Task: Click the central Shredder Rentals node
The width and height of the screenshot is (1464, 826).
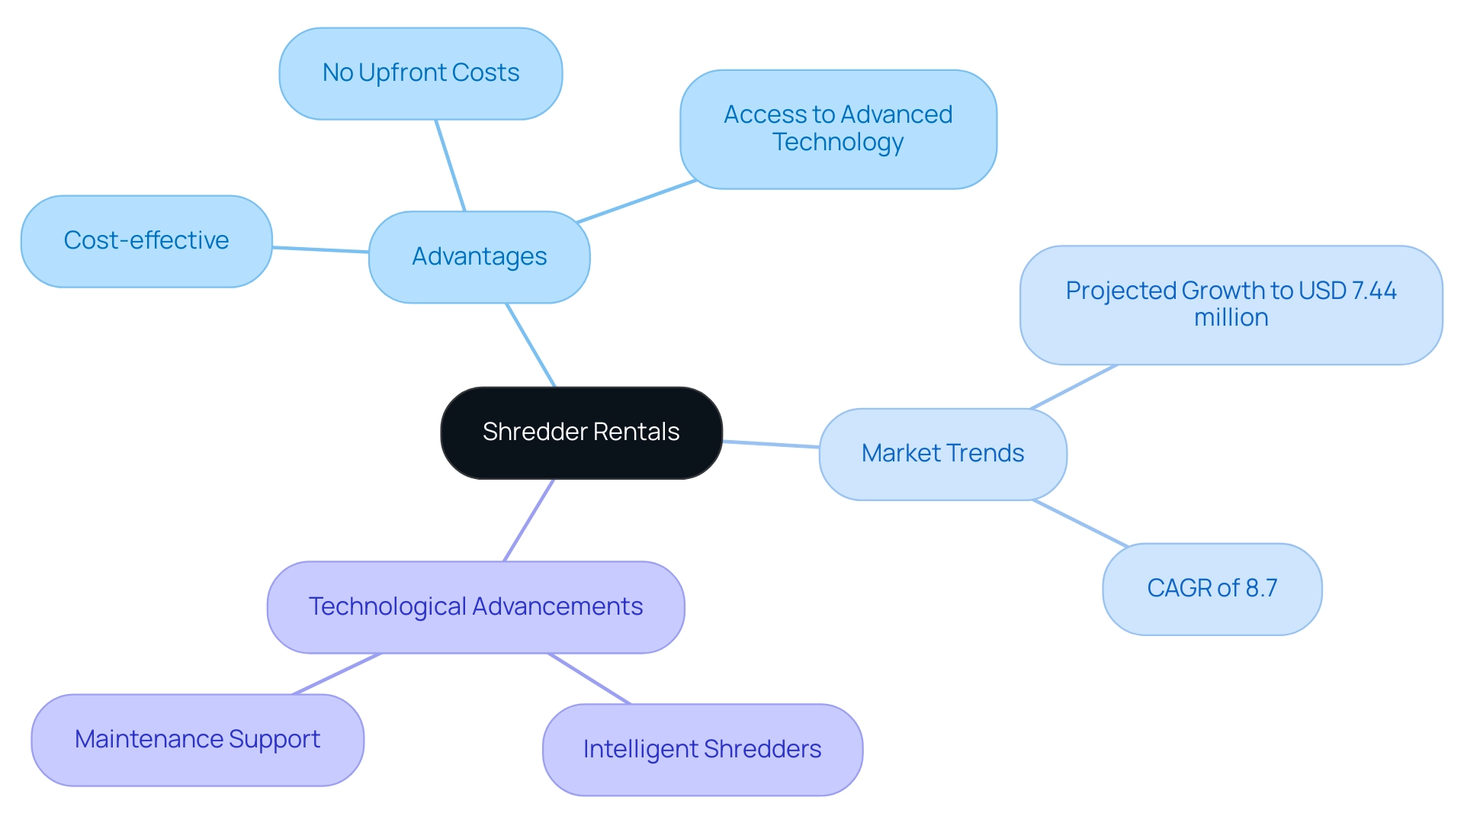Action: [x=581, y=432]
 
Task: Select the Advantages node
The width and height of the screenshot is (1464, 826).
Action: [x=479, y=257]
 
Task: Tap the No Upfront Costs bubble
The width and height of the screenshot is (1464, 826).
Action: [x=421, y=73]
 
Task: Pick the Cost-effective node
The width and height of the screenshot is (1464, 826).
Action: [x=146, y=241]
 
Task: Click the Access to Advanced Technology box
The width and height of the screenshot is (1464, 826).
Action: [x=838, y=129]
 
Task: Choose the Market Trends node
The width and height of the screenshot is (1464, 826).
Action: [x=942, y=454]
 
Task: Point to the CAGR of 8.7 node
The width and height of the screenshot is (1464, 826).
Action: [x=1212, y=589]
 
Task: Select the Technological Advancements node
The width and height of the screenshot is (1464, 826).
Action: [x=476, y=607]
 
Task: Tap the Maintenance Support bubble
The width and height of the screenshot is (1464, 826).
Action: [x=197, y=740]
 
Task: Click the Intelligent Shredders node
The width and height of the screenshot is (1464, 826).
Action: [x=702, y=750]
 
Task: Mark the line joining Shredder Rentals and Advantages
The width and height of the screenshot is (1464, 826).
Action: [x=531, y=346]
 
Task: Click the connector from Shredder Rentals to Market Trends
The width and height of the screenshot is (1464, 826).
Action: [x=771, y=444]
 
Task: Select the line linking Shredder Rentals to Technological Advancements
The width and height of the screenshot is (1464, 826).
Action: [x=528, y=520]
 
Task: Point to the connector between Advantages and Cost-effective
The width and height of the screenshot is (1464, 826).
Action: [x=320, y=249]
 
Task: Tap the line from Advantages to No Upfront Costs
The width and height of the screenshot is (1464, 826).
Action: [x=450, y=166]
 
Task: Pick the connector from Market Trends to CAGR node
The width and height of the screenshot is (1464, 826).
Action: [x=1080, y=523]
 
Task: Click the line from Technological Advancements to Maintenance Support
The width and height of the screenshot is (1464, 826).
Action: [x=336, y=674]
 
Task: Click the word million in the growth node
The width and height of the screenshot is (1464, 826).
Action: [x=1231, y=317]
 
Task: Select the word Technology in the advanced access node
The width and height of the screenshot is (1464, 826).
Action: [x=838, y=143]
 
